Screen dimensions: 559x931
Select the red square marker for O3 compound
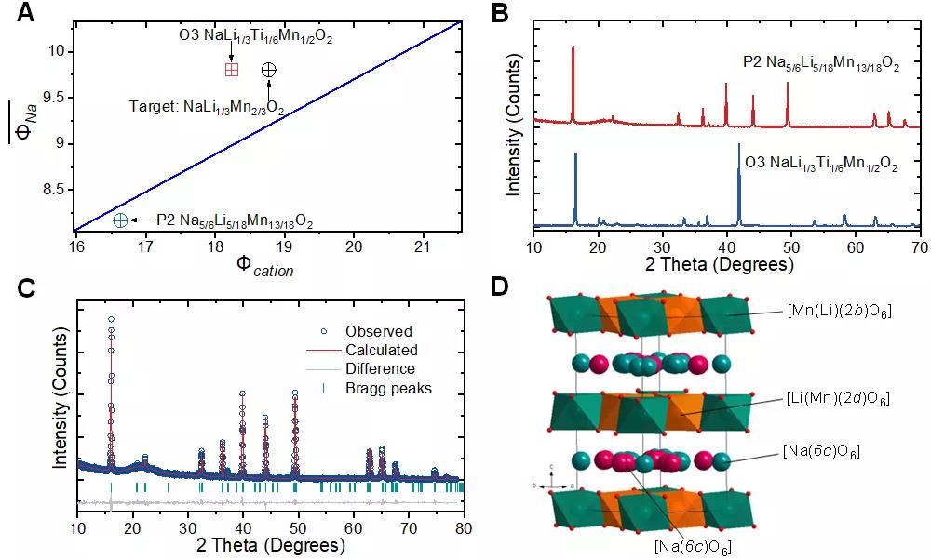click(x=232, y=70)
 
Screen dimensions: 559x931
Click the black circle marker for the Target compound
click(x=268, y=70)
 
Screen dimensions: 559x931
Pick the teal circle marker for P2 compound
click(x=120, y=220)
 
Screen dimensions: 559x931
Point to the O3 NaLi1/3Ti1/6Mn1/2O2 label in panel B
click(x=820, y=165)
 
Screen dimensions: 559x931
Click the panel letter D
click(x=501, y=285)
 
